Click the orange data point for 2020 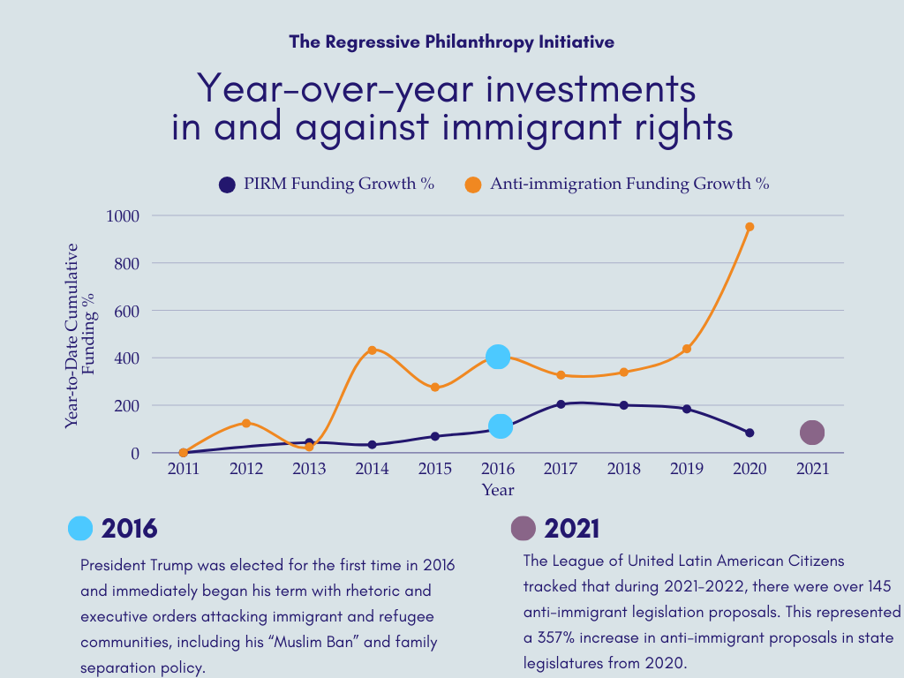(750, 227)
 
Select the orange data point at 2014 (372, 350)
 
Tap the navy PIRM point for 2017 (561, 404)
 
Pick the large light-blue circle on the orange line (498, 357)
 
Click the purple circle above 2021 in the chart (812, 433)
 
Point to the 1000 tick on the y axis (123, 215)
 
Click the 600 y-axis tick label (124, 311)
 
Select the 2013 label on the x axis (309, 470)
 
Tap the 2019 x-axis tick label (686, 470)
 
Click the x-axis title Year (498, 490)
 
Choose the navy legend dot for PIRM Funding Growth (228, 185)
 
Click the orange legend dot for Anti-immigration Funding (473, 185)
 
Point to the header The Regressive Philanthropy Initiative (451, 41)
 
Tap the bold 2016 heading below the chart (129, 529)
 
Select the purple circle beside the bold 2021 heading (524, 529)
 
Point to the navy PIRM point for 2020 (750, 433)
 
